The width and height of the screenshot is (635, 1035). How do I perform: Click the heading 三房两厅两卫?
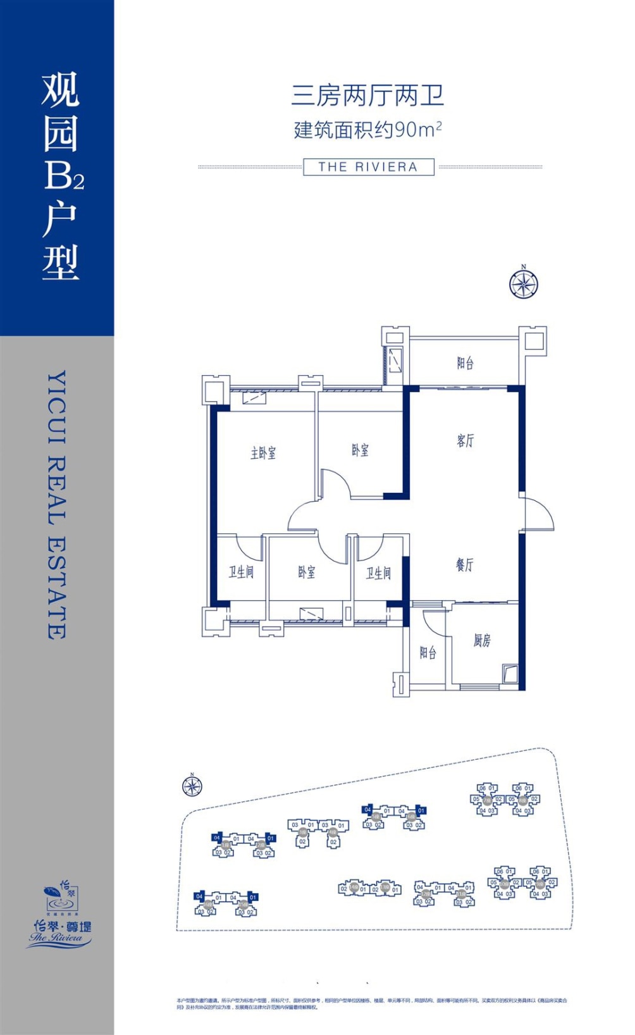pyautogui.click(x=367, y=96)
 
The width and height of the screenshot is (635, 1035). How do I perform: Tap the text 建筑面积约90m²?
pyautogui.click(x=367, y=130)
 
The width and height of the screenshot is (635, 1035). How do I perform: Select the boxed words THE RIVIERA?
pyautogui.click(x=368, y=167)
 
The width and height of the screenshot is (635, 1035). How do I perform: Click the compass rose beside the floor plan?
pyautogui.click(x=524, y=284)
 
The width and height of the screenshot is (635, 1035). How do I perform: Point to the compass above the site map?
pyautogui.click(x=192, y=786)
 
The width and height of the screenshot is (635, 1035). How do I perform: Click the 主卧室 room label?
pyautogui.click(x=263, y=453)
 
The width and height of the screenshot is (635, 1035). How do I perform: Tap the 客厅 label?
pyautogui.click(x=465, y=440)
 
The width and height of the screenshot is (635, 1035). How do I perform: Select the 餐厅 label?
pyautogui.click(x=465, y=565)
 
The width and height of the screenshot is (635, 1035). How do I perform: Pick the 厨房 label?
pyautogui.click(x=482, y=641)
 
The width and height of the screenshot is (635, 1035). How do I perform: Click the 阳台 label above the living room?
pyautogui.click(x=465, y=363)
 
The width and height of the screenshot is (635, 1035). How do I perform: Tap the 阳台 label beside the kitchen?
pyautogui.click(x=428, y=652)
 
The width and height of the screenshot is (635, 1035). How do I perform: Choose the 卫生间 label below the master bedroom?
pyautogui.click(x=241, y=572)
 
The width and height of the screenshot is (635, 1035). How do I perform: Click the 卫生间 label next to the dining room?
pyautogui.click(x=378, y=573)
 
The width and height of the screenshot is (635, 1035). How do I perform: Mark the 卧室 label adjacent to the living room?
pyautogui.click(x=361, y=450)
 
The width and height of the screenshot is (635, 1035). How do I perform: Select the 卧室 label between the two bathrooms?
pyautogui.click(x=307, y=573)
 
